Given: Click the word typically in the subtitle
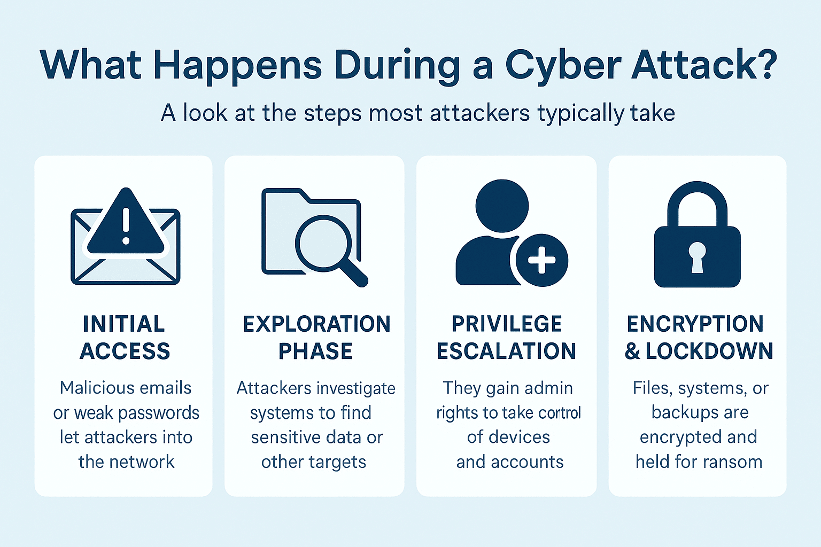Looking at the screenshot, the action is pos(580,114).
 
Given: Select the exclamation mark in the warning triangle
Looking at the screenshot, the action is pos(126,226).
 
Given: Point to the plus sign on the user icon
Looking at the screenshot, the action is pos(541,260).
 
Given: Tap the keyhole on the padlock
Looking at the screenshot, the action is pos(697,257).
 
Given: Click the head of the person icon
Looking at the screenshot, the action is pos(502,206).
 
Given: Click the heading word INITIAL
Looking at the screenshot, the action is pos(124,324).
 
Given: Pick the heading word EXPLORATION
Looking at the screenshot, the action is pos(316,324).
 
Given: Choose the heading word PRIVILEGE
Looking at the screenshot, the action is pos(507,324).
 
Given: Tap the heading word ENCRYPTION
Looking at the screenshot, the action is pos(695,324).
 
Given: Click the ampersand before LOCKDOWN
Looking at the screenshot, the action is pos(633,351).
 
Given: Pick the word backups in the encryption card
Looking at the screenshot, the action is pos(676,412).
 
